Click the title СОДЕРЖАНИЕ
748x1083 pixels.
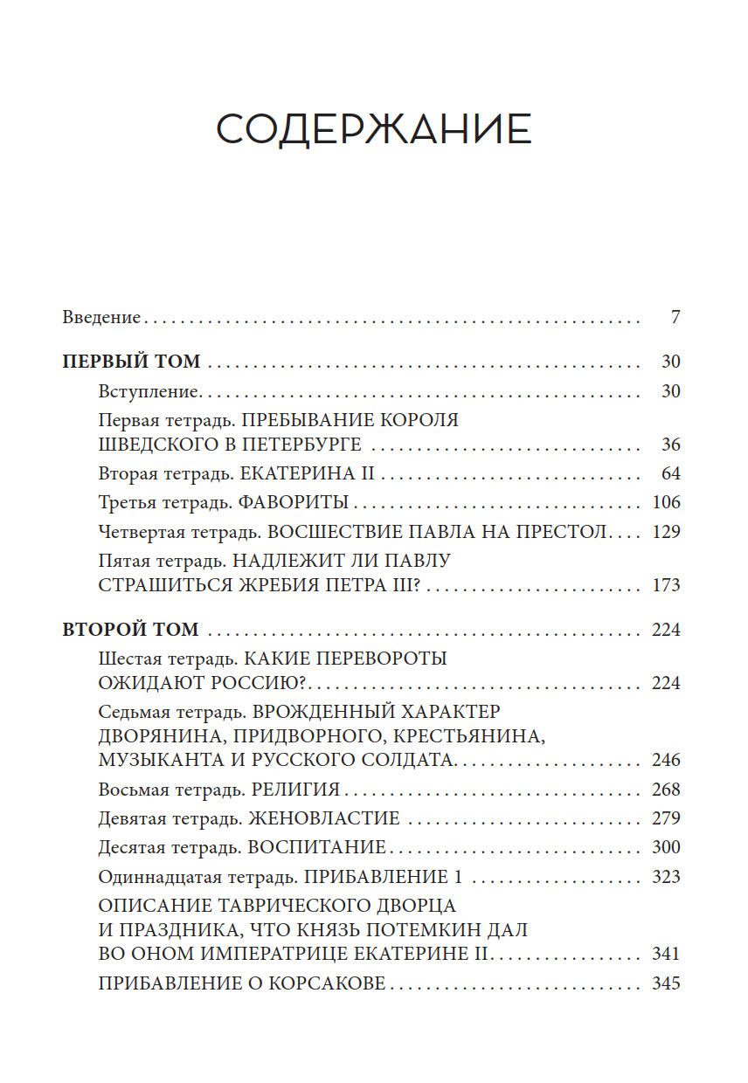[x=373, y=130]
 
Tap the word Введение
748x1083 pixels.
[x=101, y=318]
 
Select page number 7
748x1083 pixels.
[x=675, y=318]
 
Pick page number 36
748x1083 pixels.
[x=669, y=445]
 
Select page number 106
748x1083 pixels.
[x=666, y=503]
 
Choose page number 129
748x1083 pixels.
[x=666, y=532]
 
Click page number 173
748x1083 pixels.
[x=666, y=585]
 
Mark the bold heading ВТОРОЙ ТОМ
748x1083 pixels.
[x=131, y=630]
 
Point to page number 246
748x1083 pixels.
[x=666, y=760]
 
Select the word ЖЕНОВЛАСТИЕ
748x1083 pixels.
[x=324, y=818]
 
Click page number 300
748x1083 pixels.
[x=666, y=847]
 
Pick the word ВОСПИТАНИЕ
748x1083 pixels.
[x=317, y=847]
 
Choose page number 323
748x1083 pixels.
[x=666, y=877]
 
